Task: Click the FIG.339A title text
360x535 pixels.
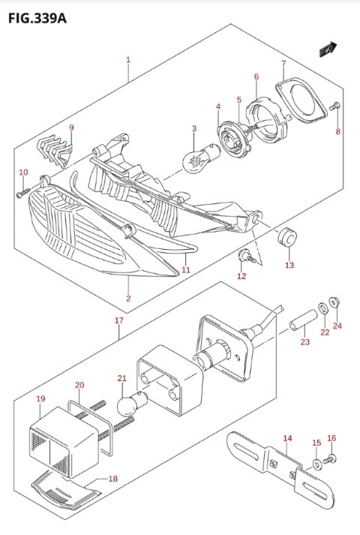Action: pyautogui.click(x=37, y=19)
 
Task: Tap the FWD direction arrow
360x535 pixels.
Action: pyautogui.click(x=328, y=50)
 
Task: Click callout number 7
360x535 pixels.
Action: pyautogui.click(x=283, y=64)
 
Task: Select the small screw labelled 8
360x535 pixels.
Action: pyautogui.click(x=334, y=107)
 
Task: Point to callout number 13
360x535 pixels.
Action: pyautogui.click(x=289, y=265)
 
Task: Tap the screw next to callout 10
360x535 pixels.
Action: pyautogui.click(x=22, y=192)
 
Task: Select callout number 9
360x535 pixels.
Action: pyautogui.click(x=71, y=128)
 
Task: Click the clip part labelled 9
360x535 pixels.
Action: pyautogui.click(x=55, y=151)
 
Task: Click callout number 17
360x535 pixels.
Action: pyautogui.click(x=119, y=320)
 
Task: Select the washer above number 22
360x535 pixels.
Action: pyautogui.click(x=322, y=308)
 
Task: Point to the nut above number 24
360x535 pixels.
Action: pyautogui.click(x=334, y=302)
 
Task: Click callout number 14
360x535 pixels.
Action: pyautogui.click(x=287, y=438)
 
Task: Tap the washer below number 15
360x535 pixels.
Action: pyautogui.click(x=317, y=464)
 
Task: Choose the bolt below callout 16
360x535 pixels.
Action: pyautogui.click(x=329, y=459)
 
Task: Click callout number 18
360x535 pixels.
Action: pyautogui.click(x=112, y=479)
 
